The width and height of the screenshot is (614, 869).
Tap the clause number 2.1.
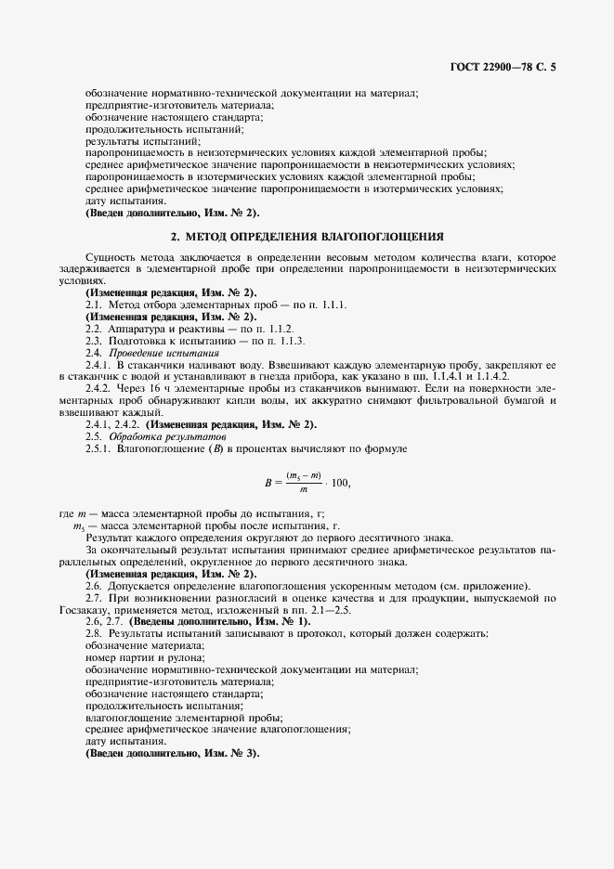(94, 305)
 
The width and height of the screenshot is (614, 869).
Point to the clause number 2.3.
(94, 342)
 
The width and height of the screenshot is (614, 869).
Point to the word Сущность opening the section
(108, 256)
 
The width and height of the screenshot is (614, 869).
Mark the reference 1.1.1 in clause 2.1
(329, 305)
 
